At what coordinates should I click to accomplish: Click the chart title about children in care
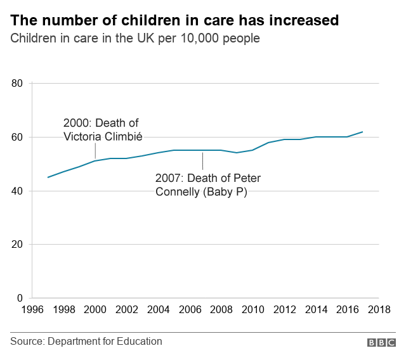tap(174, 20)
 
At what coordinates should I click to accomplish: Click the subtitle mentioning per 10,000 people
tap(135, 39)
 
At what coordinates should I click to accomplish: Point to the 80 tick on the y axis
tap(17, 84)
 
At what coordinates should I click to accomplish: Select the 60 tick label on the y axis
tap(17, 138)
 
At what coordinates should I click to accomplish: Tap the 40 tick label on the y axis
tap(17, 191)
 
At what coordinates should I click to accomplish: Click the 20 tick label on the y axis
tap(17, 245)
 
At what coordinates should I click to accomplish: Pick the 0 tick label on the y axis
tap(20, 298)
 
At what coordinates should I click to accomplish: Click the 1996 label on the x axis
tap(32, 310)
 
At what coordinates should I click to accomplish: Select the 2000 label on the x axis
tap(95, 310)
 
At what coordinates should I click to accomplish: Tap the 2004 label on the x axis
tap(159, 310)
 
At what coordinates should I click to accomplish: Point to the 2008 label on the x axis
tap(221, 310)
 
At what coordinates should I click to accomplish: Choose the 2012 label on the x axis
tap(284, 310)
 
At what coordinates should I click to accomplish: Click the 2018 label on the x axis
tap(379, 310)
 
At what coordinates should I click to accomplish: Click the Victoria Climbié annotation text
tap(101, 129)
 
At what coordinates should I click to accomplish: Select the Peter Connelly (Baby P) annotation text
tap(207, 184)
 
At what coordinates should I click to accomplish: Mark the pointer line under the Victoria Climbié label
tap(95, 151)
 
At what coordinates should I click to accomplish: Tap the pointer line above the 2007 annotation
tap(202, 160)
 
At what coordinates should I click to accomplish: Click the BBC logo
tap(381, 342)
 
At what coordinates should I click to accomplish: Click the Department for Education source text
tap(86, 342)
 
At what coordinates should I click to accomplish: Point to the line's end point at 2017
tap(362, 132)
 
